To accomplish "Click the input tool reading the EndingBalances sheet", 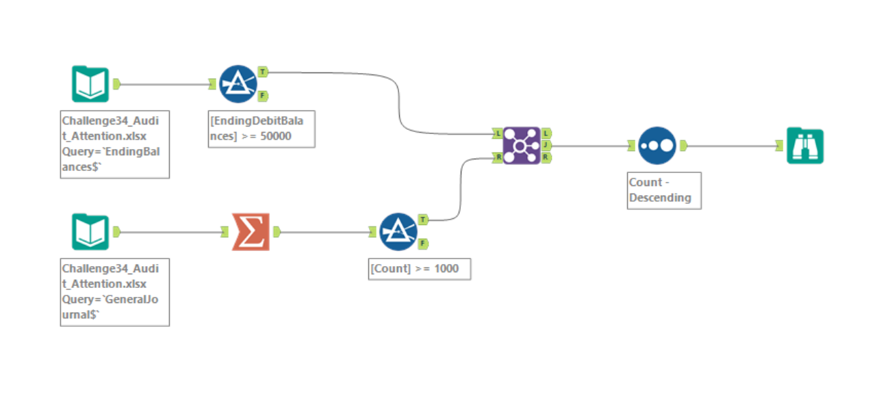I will click(90, 83).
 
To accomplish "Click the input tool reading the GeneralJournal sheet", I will click(90, 232).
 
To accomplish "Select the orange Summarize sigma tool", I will click(250, 232).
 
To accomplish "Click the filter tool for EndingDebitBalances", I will click(238, 83).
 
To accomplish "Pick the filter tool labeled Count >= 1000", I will click(398, 232).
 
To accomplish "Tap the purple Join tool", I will click(522, 145).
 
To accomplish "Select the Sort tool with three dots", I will click(657, 145).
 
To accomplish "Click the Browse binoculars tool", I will click(804, 145).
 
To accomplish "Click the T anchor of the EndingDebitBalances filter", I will click(264, 71).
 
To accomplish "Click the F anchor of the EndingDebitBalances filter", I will click(264, 95).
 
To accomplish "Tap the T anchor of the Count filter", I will click(424, 220).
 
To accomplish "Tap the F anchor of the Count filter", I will click(424, 244).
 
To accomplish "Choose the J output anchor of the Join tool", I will click(546, 145).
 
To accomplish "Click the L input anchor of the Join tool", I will click(498, 133).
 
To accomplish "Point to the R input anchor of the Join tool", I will click(498, 157).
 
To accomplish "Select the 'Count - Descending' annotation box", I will click(663, 190).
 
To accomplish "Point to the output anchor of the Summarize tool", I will click(277, 232).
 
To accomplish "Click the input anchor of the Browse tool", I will click(779, 145).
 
